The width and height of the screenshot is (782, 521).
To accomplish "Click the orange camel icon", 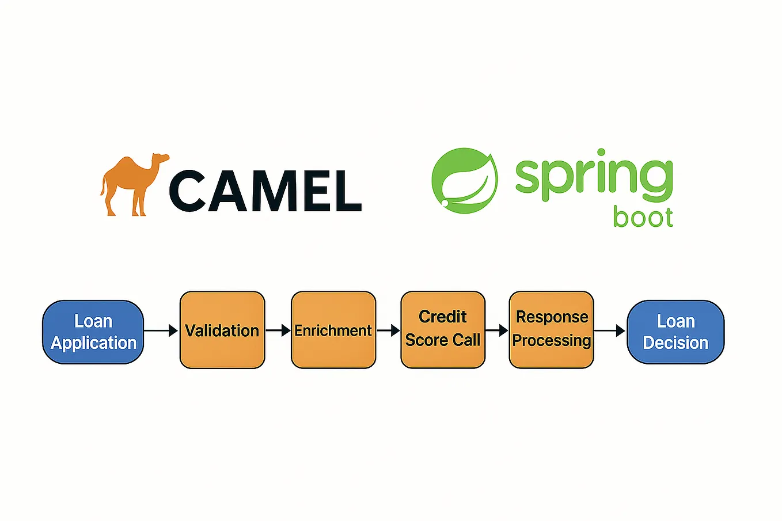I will [x=132, y=184].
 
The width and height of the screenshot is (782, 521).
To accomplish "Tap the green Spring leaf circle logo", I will [x=465, y=181].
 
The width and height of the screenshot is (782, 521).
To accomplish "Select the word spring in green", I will [x=593, y=176].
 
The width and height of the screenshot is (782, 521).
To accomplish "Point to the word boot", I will [x=643, y=218].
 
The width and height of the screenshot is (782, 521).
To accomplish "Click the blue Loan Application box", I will [x=93, y=332].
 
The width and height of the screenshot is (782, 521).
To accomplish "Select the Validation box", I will [x=222, y=330].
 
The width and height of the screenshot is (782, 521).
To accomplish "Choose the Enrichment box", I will [x=333, y=330].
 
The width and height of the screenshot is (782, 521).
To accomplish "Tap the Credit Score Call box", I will [x=443, y=329].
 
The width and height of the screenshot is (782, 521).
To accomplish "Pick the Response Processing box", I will [x=551, y=329].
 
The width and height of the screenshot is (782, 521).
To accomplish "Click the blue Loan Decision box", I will [x=675, y=332].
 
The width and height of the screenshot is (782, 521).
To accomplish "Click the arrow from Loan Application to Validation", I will [x=161, y=330].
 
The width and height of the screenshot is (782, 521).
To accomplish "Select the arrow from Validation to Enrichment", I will [x=278, y=330].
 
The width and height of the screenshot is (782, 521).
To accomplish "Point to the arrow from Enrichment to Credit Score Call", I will [x=388, y=330].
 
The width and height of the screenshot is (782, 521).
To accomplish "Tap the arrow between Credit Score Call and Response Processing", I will [x=497, y=330].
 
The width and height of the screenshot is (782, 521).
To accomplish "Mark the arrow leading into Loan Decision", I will [x=609, y=330].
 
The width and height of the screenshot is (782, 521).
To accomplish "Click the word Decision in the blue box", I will [x=675, y=343].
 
